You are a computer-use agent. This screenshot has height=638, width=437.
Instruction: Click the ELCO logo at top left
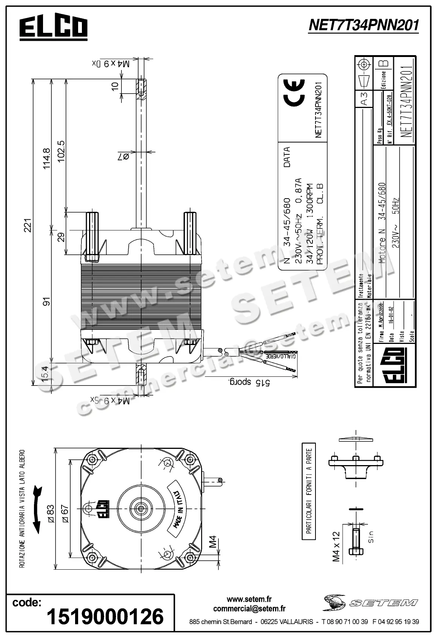[53, 28]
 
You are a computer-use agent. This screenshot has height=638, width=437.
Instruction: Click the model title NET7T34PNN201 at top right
[363, 25]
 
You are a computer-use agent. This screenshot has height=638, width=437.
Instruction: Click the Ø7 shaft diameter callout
[123, 156]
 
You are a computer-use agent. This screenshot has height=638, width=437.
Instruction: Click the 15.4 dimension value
[45, 374]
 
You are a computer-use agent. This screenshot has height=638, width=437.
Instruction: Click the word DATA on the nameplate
[287, 157]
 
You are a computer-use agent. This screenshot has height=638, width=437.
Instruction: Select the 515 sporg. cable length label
[249, 382]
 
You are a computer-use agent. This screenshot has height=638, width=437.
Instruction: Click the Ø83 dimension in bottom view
[51, 514]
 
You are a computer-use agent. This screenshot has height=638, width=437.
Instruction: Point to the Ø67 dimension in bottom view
[65, 514]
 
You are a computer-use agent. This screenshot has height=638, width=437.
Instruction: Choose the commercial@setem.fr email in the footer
[249, 609]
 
